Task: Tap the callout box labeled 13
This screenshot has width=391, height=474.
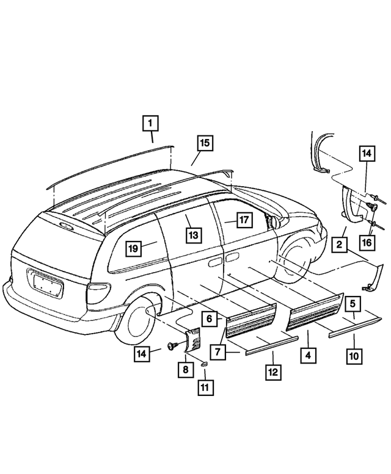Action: [x=193, y=235]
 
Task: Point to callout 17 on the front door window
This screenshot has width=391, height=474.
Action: [x=243, y=220]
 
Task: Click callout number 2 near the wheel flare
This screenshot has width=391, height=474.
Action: [x=337, y=245]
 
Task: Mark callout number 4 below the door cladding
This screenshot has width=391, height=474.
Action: [x=308, y=354]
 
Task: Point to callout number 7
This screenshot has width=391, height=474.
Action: [x=218, y=351]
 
